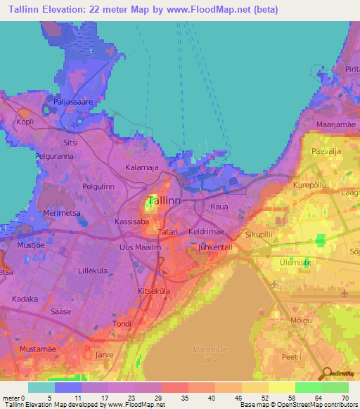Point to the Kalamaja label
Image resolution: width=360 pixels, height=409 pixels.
coord(141,168)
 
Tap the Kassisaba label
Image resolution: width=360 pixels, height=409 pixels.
coord(131,220)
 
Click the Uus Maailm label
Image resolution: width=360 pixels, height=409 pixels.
coord(141,247)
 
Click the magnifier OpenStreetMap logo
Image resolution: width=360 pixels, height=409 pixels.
coord(328,372)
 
